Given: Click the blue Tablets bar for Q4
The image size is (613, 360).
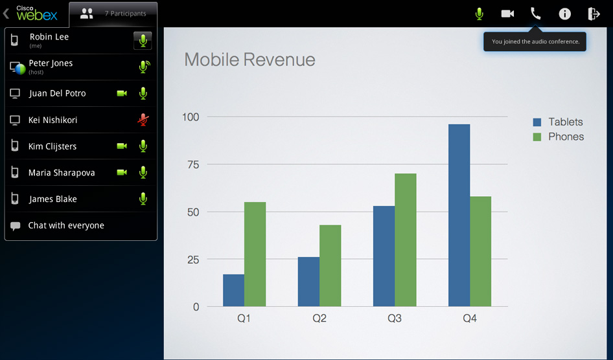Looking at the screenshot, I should [x=459, y=215].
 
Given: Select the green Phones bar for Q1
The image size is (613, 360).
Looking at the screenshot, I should [x=255, y=254].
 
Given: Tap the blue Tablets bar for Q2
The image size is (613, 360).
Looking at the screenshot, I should [x=308, y=282].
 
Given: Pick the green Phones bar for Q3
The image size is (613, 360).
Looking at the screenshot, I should [x=405, y=240].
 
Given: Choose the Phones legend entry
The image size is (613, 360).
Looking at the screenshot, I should [x=558, y=137].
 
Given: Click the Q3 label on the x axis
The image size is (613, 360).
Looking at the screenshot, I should [x=395, y=319].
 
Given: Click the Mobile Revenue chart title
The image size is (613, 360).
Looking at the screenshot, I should [x=249, y=60].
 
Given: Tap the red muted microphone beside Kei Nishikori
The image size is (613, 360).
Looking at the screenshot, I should [x=143, y=120].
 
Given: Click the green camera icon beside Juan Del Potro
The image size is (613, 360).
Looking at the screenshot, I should [x=122, y=93].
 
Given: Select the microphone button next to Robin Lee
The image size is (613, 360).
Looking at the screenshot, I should [x=143, y=41].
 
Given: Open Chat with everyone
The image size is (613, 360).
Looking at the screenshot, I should [x=66, y=225].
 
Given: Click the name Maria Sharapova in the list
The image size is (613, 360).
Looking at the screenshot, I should [x=62, y=173].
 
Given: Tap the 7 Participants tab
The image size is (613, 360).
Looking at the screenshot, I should [x=113, y=13].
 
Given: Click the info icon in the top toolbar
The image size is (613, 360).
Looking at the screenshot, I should [x=565, y=14].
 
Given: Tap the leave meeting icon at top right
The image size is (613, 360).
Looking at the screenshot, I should [x=594, y=14].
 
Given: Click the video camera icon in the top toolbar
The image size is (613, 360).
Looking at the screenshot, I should [x=507, y=14].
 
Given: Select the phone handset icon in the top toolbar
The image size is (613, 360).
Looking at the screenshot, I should [x=536, y=14].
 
